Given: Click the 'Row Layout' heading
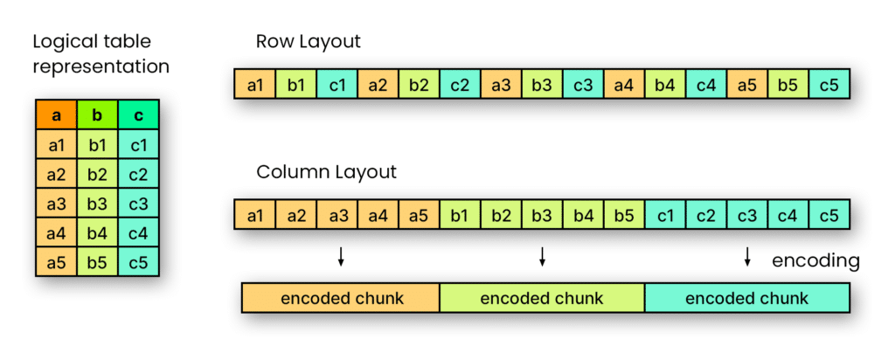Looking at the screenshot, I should click(x=308, y=42).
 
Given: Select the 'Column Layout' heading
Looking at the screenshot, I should click(x=326, y=172).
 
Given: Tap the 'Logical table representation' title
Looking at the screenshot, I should click(x=101, y=54).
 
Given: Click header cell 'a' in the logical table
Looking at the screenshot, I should click(x=56, y=115).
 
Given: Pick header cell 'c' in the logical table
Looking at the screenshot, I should click(x=139, y=115).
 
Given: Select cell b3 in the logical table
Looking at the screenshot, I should click(x=97, y=204).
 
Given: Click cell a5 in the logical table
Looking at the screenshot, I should click(x=56, y=261).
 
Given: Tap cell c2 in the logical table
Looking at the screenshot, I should click(x=139, y=174).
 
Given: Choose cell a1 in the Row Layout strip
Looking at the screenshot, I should click(x=254, y=85).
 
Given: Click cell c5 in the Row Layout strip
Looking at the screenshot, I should click(x=830, y=85).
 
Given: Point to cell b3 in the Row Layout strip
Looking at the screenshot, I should click(x=542, y=85).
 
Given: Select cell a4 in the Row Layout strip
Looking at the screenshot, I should click(x=624, y=85).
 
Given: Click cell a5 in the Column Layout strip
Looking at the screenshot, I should click(x=419, y=215).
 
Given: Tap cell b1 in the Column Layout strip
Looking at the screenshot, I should click(x=460, y=215).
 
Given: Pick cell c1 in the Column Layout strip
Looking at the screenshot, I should click(x=665, y=215).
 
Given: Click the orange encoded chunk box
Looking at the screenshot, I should click(x=341, y=298).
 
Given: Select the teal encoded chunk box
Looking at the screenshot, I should click(x=747, y=298).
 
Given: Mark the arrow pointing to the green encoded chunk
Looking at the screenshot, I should click(x=542, y=256).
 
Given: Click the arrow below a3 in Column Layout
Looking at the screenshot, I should click(x=341, y=256).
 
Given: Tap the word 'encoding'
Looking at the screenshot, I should click(x=815, y=260).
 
